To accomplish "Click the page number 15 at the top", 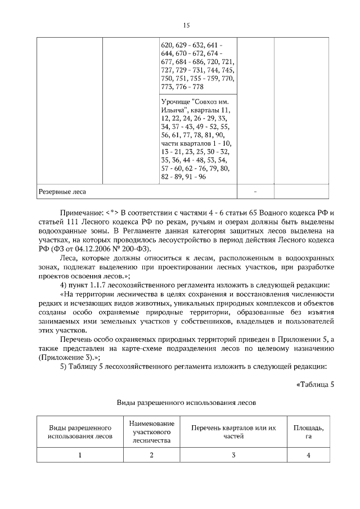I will pyautogui.click(x=186, y=25).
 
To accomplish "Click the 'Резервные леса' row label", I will pyautogui.click(x=62, y=191).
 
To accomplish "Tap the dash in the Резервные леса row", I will pyautogui.click(x=255, y=191).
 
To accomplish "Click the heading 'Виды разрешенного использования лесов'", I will pyautogui.click(x=186, y=403).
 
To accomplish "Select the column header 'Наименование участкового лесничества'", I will pyautogui.click(x=151, y=432).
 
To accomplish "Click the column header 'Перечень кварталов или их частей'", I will pyautogui.click(x=233, y=432).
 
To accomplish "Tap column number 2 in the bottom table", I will pyautogui.click(x=151, y=455).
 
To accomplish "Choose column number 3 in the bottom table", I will pyautogui.click(x=233, y=455).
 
